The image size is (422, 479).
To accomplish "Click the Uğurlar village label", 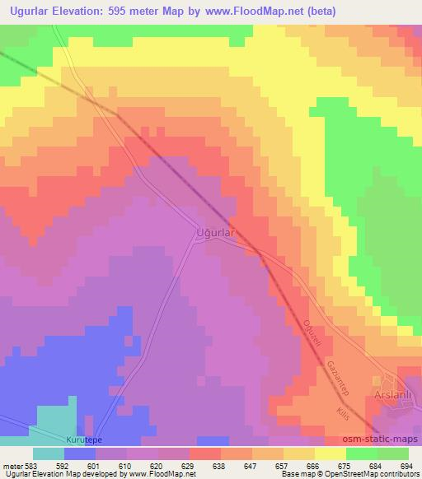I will coord(215,233).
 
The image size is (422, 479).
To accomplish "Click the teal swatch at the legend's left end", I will coord(49,453).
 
